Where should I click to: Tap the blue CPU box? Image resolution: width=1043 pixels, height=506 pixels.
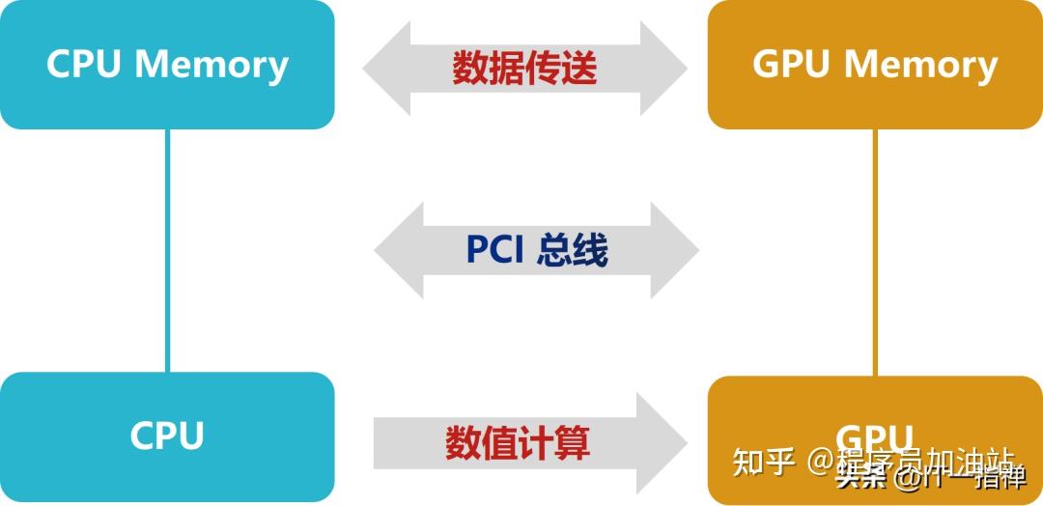pyautogui.click(x=167, y=436)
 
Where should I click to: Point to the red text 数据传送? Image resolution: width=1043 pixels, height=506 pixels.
pyautogui.click(x=524, y=68)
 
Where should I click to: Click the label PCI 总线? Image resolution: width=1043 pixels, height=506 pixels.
pyautogui.click(x=537, y=250)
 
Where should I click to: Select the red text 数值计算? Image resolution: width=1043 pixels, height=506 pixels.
pyautogui.click(x=518, y=443)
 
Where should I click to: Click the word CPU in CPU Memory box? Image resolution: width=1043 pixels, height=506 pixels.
pyautogui.click(x=85, y=65)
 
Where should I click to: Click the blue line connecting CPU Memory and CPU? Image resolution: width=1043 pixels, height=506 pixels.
pyautogui.click(x=167, y=251)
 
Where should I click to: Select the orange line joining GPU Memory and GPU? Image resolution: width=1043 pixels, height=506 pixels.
pyautogui.click(x=875, y=251)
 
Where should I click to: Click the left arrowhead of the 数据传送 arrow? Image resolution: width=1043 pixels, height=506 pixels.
pyautogui.click(x=386, y=68)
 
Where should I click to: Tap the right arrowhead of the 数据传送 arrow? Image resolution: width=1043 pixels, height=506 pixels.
pyautogui.click(x=664, y=68)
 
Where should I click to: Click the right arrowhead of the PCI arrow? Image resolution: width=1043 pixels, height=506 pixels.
pyautogui.click(x=676, y=250)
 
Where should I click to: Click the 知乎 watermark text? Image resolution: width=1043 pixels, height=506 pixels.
pyautogui.click(x=763, y=462)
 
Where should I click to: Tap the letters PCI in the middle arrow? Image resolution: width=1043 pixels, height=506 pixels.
pyautogui.click(x=494, y=250)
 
